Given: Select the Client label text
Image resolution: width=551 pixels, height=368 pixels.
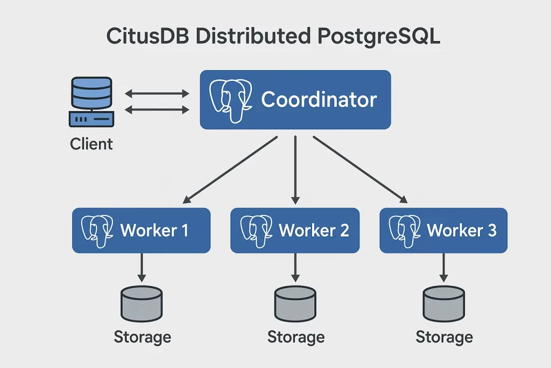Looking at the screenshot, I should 91,144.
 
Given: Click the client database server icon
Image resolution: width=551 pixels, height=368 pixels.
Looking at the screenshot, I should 90,102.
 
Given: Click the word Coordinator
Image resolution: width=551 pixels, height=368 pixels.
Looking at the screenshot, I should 319,100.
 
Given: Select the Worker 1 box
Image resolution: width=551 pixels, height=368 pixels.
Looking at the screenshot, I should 141,231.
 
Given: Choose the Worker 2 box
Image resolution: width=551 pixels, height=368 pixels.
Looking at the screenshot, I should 295,231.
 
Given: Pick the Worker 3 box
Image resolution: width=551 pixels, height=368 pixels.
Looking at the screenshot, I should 443,231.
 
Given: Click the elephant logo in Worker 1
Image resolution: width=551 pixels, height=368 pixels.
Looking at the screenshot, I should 97,230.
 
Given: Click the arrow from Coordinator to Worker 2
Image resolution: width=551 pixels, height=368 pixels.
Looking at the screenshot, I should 295,170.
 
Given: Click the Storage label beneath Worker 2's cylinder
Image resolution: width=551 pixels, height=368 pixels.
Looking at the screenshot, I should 296,337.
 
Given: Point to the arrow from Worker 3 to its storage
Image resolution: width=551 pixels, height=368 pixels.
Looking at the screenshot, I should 443,267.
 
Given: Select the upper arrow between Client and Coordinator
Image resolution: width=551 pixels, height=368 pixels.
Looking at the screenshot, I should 157,94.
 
